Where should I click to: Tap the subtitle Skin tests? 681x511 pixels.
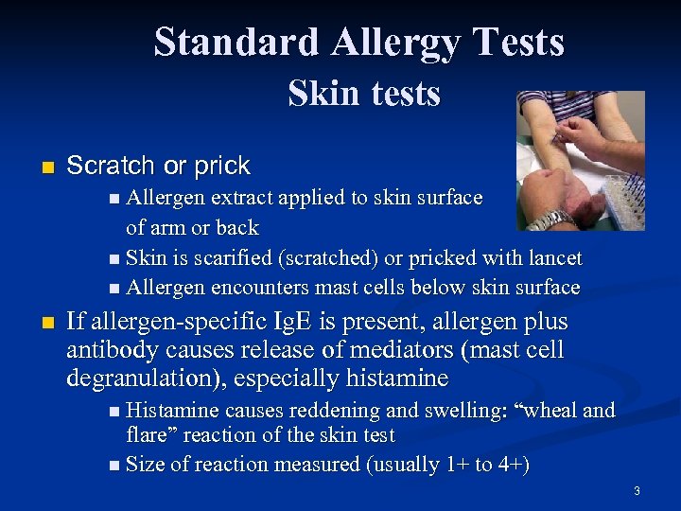click(364, 94)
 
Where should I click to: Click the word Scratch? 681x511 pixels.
click(112, 166)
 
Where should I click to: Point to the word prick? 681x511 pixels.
click(221, 166)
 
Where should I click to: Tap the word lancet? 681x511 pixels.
click(555, 257)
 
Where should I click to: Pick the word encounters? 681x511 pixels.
click(261, 287)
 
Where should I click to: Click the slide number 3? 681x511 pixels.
click(637, 490)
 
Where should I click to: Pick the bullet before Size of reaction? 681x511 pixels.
click(114, 465)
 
